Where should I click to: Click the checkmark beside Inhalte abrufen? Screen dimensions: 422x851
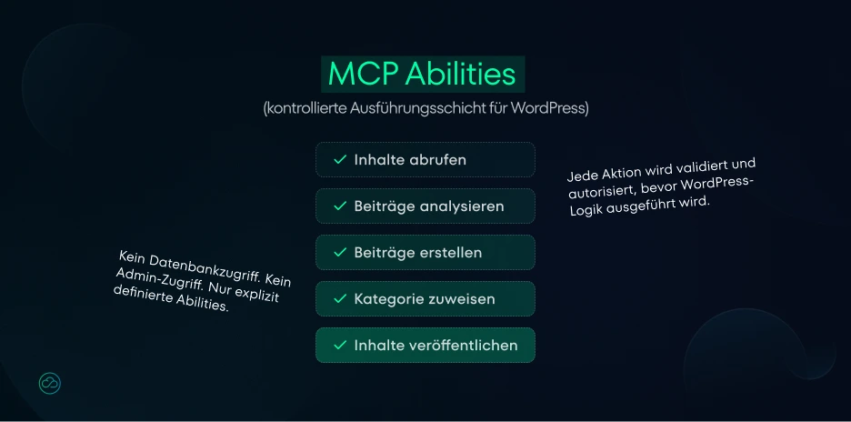point(340,159)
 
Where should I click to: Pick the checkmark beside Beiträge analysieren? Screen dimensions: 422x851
point(340,206)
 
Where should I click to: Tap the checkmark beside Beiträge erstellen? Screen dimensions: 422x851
point(340,252)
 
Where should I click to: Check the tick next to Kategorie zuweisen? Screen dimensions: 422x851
point(340,298)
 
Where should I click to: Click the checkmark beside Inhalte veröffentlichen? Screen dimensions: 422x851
point(340,345)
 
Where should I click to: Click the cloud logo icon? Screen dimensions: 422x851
point(50,383)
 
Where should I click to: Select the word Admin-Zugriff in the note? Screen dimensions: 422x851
point(157,279)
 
